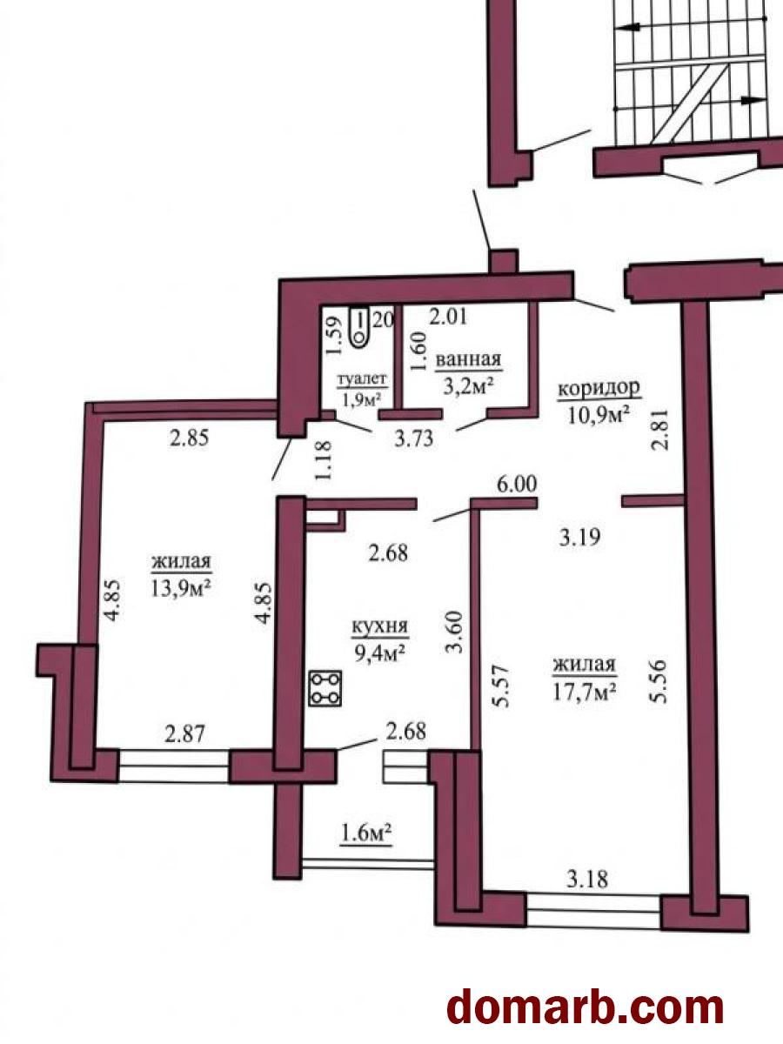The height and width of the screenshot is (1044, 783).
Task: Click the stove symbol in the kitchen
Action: (325, 687)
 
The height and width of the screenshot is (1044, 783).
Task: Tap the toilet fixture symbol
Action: (360, 327)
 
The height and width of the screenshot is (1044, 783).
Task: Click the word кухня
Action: (380, 627)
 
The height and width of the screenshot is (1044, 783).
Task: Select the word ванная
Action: (468, 360)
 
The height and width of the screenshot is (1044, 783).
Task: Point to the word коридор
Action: (599, 389)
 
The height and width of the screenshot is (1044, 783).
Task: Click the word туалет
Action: (362, 380)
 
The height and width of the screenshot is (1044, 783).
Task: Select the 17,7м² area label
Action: (585, 692)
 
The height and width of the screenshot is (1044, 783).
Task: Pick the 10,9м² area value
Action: (599, 415)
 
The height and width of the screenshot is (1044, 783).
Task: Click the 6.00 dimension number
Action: (517, 485)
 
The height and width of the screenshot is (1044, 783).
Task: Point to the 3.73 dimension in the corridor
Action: (414, 438)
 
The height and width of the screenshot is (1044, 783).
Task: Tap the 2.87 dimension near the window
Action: (184, 733)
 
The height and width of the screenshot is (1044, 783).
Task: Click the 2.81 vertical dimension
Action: (661, 430)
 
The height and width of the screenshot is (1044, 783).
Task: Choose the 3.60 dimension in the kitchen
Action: (454, 633)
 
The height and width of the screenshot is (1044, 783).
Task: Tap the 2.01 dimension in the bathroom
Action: (448, 317)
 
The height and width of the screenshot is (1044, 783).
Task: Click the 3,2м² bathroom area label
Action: (466, 386)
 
